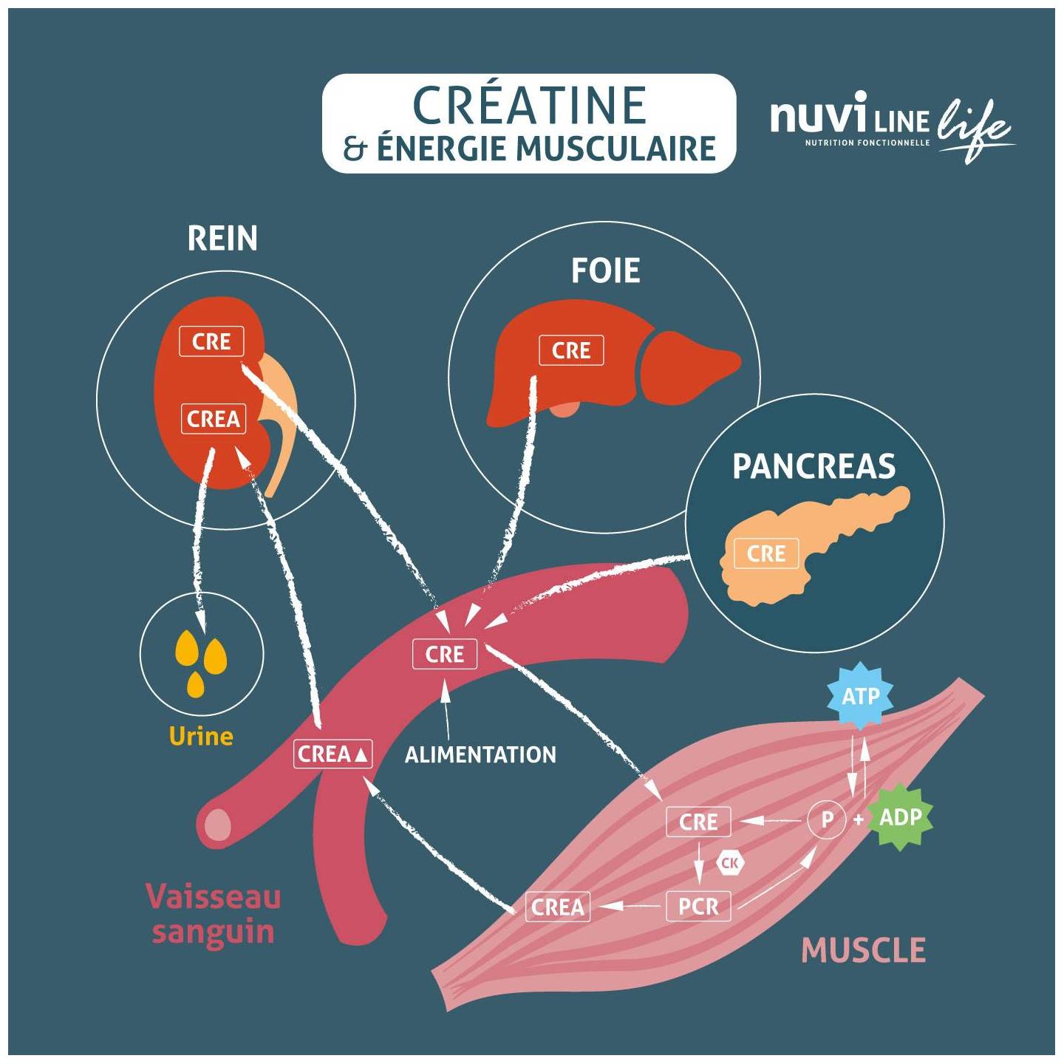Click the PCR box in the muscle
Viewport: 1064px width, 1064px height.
pos(698,907)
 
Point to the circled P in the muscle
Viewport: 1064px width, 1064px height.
pos(827,820)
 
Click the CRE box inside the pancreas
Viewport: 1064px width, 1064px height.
pos(765,554)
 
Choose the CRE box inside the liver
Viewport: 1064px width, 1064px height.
pos(571,350)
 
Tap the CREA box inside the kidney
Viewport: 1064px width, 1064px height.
pos(214,419)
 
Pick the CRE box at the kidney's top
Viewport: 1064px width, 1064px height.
pos(211,342)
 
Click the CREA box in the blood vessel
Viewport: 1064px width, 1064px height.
pos(333,754)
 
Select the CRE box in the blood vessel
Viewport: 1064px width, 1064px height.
pos(445,655)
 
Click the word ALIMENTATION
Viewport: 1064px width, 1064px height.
pos(480,755)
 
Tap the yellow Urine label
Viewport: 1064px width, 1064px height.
pos(201,736)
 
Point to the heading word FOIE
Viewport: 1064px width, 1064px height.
pos(605,270)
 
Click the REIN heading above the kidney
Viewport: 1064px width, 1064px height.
pos(222,239)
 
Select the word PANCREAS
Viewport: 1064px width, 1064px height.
pos(814,466)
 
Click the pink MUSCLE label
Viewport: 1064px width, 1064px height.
pos(863,949)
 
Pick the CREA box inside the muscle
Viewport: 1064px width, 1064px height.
pos(558,907)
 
